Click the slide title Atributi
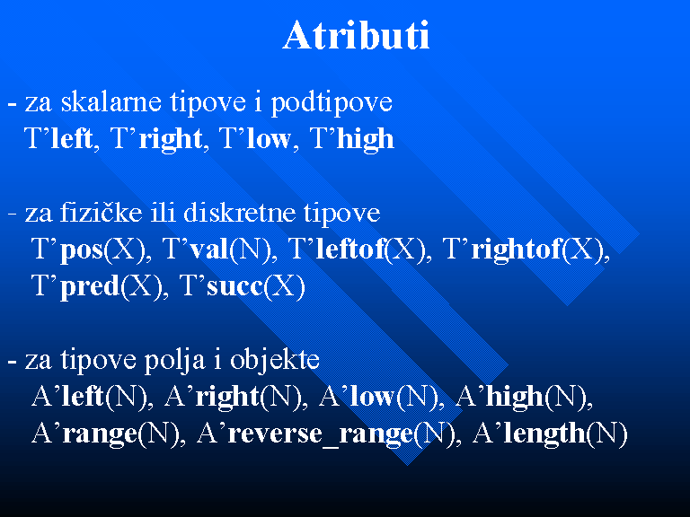(356, 35)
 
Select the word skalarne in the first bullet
(111, 102)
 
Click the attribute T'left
(58, 139)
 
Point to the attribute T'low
(255, 139)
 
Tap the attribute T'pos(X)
(88, 250)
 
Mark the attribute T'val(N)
(216, 250)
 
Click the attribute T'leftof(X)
(357, 250)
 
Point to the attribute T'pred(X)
(97, 287)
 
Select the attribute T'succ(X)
(242, 287)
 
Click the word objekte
(275, 362)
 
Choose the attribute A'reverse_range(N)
(325, 434)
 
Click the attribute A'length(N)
(550, 434)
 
